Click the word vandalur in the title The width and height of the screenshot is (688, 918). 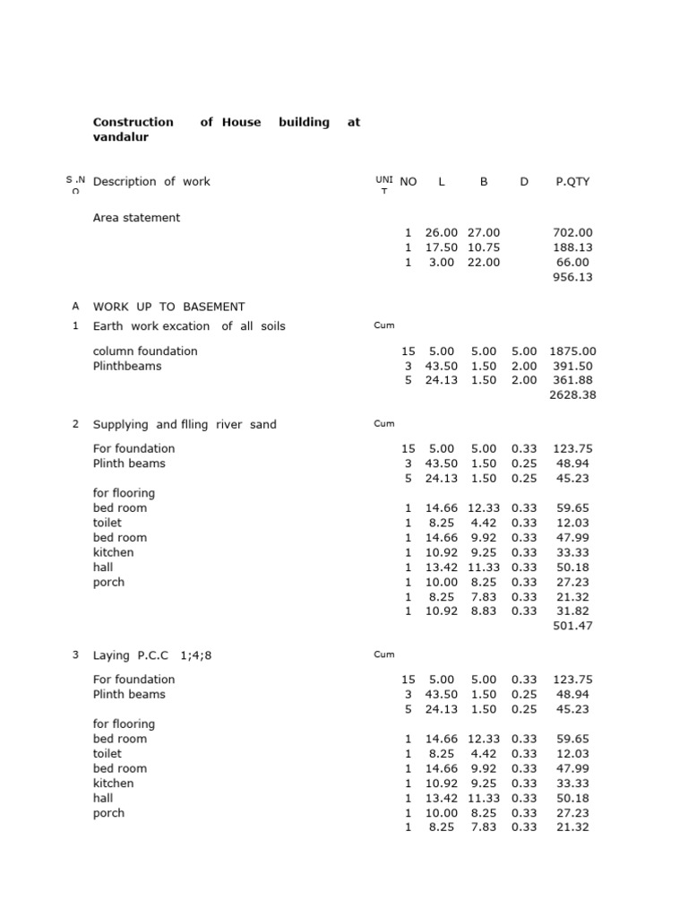click(121, 137)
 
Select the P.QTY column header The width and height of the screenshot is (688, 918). click(572, 182)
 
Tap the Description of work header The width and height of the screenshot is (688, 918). click(151, 182)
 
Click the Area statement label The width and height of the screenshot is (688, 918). click(136, 218)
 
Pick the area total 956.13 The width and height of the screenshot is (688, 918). click(573, 277)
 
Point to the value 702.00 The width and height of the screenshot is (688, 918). click(573, 232)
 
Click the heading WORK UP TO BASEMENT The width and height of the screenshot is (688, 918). click(168, 307)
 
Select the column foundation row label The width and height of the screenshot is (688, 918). click(145, 351)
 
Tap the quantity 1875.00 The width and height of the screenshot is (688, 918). click(572, 351)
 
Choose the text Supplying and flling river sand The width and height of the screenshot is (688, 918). click(185, 425)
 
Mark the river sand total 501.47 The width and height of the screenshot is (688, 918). click(573, 626)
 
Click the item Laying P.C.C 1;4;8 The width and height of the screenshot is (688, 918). click(152, 655)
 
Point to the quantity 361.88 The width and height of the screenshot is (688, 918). click(573, 381)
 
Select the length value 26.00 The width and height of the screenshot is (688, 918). click(441, 232)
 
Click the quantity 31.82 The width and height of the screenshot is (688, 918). click(573, 611)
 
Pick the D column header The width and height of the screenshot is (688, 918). click(524, 182)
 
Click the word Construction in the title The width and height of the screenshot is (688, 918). click(133, 122)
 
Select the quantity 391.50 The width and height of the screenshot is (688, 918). click(573, 367)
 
